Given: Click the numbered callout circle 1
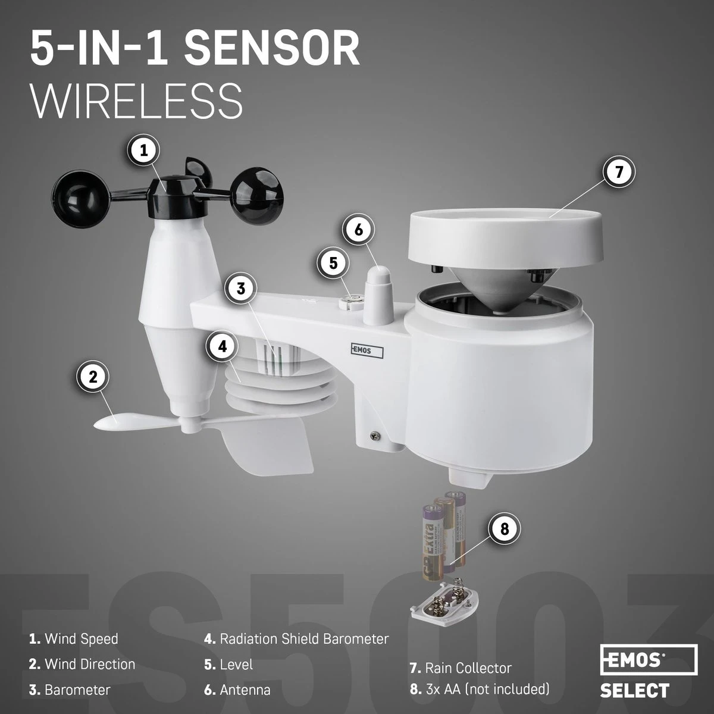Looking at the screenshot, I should click(143, 151).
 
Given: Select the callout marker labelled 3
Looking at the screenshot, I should click(241, 289).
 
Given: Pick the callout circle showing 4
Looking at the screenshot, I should click(222, 347).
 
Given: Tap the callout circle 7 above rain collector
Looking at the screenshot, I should click(619, 171).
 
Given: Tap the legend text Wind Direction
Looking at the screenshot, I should click(90, 664).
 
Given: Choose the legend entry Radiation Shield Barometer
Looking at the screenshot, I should click(304, 639).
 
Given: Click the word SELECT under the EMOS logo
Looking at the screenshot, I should click(634, 691).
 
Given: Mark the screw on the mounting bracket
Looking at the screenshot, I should click(375, 436).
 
